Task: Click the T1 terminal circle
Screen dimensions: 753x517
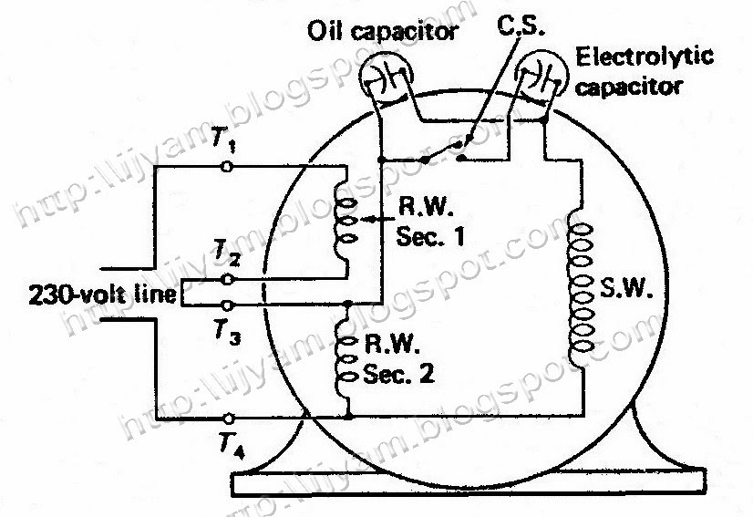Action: coord(227,167)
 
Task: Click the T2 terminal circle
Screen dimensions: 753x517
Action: coord(229,279)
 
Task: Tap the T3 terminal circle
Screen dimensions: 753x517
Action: coord(229,305)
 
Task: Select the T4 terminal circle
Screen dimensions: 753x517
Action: coord(229,419)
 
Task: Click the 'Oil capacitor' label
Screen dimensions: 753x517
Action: coord(382,32)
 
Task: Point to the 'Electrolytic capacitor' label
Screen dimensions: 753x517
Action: coord(644,72)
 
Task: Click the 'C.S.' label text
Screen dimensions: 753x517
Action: coord(521,26)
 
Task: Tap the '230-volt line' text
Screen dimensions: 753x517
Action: coord(102,295)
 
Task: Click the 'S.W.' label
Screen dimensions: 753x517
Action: coord(626,287)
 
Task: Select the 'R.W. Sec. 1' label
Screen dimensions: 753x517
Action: coord(430,222)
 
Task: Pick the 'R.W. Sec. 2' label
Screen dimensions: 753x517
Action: coord(399,359)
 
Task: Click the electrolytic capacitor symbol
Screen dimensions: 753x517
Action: coord(542,77)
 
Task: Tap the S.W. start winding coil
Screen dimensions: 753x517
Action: coord(580,287)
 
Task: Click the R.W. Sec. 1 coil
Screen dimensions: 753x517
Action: coord(346,221)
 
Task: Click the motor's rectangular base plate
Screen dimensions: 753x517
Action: coord(469,482)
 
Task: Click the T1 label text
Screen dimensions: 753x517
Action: coord(223,140)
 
